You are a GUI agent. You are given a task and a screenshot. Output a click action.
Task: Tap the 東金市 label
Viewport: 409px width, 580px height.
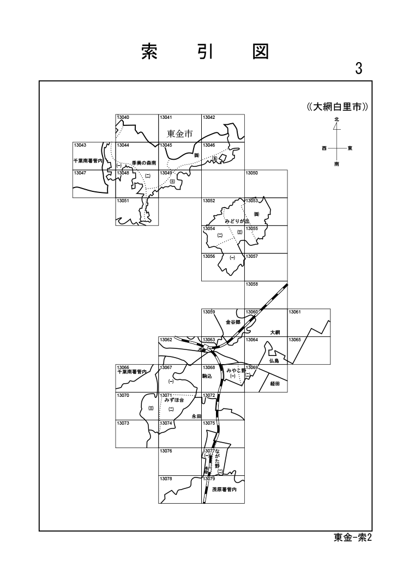180,134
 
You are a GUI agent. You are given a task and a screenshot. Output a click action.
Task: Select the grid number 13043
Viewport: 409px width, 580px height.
80,145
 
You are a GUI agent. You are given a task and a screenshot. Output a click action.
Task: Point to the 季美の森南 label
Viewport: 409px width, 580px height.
143,162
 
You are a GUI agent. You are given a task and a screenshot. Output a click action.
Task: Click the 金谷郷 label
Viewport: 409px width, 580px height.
233,322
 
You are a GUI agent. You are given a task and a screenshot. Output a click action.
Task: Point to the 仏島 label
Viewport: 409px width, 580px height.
274,361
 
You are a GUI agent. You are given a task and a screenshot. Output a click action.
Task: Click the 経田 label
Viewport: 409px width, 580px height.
275,383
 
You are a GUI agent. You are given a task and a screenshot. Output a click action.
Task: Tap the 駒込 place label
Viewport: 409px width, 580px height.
207,376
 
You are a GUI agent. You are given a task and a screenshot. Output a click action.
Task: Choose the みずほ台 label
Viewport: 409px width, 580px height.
174,400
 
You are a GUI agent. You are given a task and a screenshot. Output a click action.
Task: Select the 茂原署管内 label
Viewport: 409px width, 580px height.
224,490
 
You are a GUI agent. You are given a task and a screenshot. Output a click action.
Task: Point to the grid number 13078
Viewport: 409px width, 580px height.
166,478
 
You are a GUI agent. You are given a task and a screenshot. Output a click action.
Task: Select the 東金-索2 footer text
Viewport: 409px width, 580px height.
352,537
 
